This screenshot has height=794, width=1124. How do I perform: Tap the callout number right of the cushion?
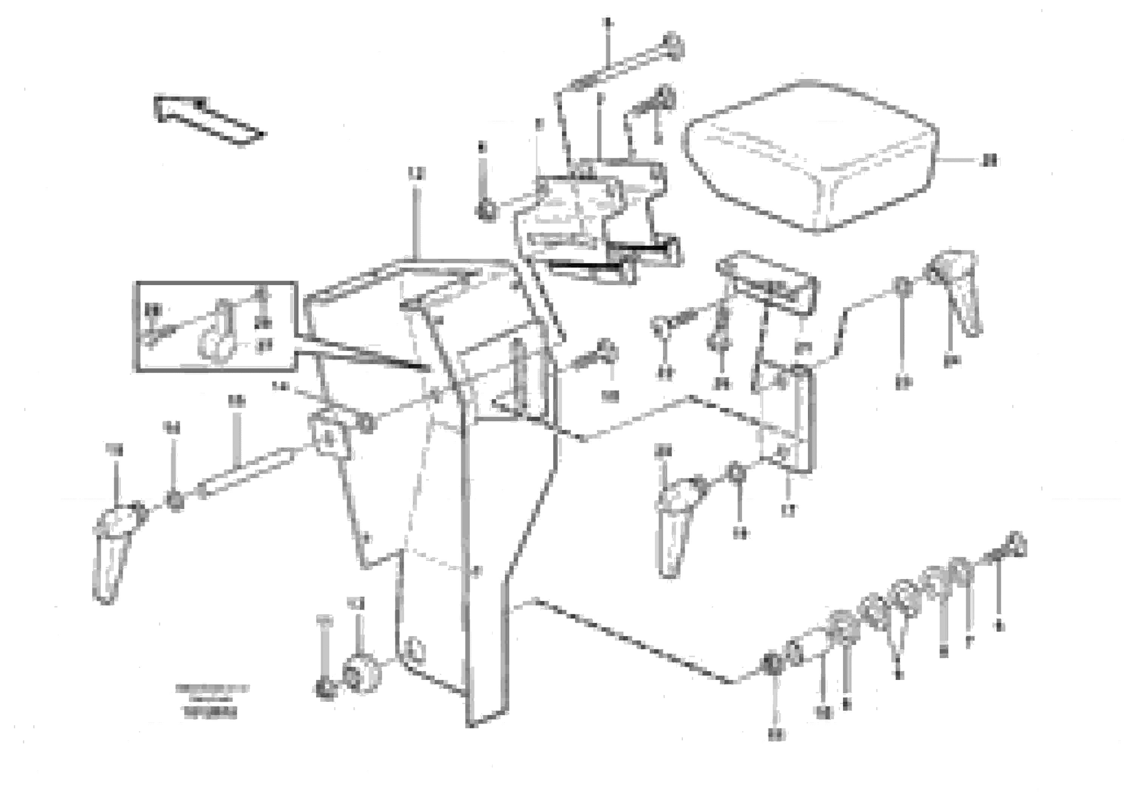click(990, 160)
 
